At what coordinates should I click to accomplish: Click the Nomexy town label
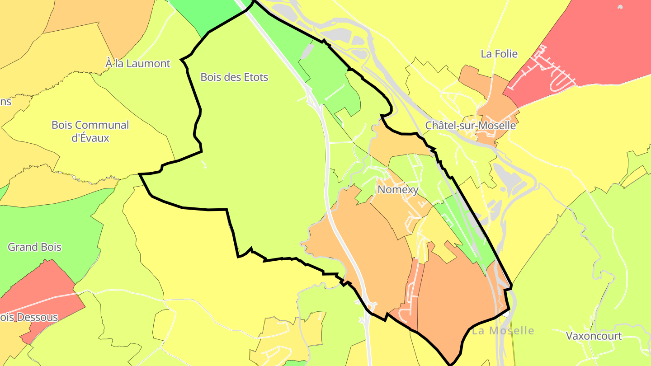point(398,190)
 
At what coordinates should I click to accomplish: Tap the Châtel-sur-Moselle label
point(470,126)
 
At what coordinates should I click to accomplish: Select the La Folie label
point(499,54)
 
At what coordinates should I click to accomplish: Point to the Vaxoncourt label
point(594,336)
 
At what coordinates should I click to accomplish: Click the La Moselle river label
point(503,331)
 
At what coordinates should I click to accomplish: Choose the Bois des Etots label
point(234,77)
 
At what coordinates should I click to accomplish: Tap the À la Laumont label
point(138,64)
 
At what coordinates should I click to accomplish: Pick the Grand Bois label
point(34,247)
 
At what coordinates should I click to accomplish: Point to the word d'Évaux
point(90,138)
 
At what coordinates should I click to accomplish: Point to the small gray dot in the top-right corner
point(620,7)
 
